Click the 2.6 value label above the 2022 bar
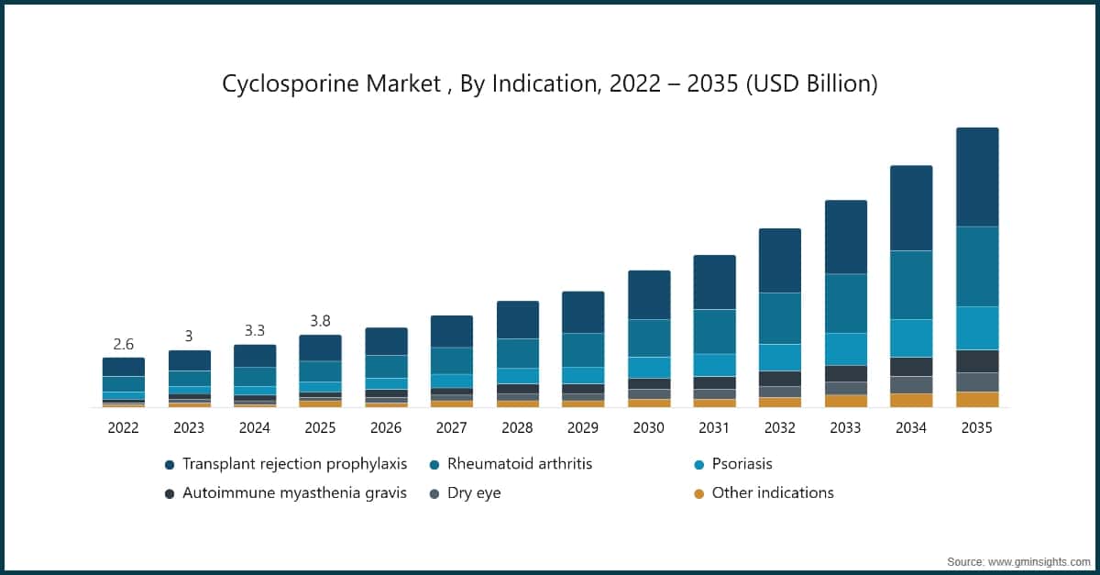pos(123,345)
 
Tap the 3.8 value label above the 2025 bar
pos(320,321)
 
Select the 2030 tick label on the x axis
pos(648,427)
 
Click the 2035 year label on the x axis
pos(976,427)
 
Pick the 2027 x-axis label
pos(451,427)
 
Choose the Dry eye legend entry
pos(474,493)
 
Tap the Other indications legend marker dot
pos(698,493)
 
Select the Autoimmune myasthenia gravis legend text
pos(293,493)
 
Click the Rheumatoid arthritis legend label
pos(519,464)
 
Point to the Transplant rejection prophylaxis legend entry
pos(293,464)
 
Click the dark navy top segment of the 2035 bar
pos(976,176)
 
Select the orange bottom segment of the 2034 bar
pos(911,400)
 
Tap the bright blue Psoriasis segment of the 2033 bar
pos(845,348)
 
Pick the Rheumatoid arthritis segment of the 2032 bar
pos(780,318)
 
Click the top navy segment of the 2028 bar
pos(517,319)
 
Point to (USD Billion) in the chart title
pos(812,83)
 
